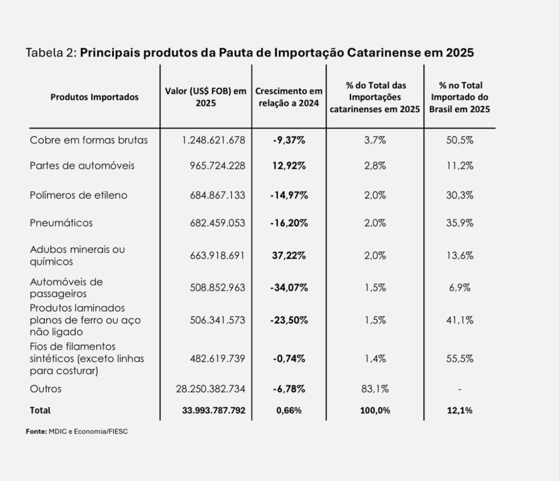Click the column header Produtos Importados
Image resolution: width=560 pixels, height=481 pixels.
pyautogui.click(x=94, y=97)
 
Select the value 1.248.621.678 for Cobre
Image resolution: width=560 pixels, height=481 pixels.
pyautogui.click(x=213, y=140)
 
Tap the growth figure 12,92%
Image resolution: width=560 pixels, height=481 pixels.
pyautogui.click(x=289, y=166)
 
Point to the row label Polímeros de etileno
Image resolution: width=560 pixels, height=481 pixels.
pyautogui.click(x=78, y=195)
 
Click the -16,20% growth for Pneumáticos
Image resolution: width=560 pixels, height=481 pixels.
pyautogui.click(x=289, y=223)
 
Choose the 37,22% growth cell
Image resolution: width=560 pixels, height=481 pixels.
pyautogui.click(x=289, y=256)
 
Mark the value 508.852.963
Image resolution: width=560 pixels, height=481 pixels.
pyautogui.click(x=217, y=288)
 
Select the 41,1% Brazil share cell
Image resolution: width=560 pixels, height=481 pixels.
pyautogui.click(x=460, y=320)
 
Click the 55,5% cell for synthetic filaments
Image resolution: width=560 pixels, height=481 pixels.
pyautogui.click(x=460, y=359)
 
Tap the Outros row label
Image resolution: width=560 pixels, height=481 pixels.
pyautogui.click(x=45, y=389)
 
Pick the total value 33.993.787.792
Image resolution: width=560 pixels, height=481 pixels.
pyautogui.click(x=214, y=411)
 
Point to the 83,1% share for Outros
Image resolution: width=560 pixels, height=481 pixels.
pyautogui.click(x=375, y=389)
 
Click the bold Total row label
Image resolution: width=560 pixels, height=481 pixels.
pyautogui.click(x=40, y=411)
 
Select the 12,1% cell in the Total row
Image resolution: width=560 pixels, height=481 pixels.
pyautogui.click(x=460, y=411)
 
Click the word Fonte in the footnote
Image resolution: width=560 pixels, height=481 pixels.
pyautogui.click(x=36, y=432)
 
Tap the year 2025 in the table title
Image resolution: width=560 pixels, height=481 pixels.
pyautogui.click(x=459, y=53)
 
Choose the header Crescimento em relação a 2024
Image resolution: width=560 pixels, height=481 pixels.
pyautogui.click(x=289, y=97)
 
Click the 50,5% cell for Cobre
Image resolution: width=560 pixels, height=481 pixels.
pyautogui.click(x=460, y=140)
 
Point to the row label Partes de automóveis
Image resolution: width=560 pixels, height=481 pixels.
pyautogui.click(x=82, y=166)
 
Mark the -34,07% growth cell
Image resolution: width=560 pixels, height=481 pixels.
pyautogui.click(x=289, y=288)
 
